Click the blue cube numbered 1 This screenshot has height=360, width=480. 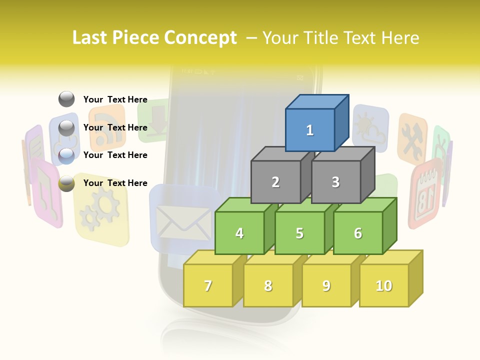310,130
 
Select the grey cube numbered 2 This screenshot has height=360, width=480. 275,182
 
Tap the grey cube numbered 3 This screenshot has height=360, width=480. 335,182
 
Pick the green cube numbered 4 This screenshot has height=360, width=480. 239,233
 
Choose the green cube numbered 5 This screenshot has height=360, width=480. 299,233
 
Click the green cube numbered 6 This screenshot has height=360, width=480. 358,233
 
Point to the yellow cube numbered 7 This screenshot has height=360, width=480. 208,285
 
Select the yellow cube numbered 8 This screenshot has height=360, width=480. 268,285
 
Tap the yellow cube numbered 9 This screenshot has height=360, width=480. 326,285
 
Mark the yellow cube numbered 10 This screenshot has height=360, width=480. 384,285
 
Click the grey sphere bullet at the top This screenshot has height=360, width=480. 66,99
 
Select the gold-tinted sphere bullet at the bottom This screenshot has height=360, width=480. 66,183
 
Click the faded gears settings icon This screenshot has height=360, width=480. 100,210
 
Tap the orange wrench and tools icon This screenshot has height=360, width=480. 413,140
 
